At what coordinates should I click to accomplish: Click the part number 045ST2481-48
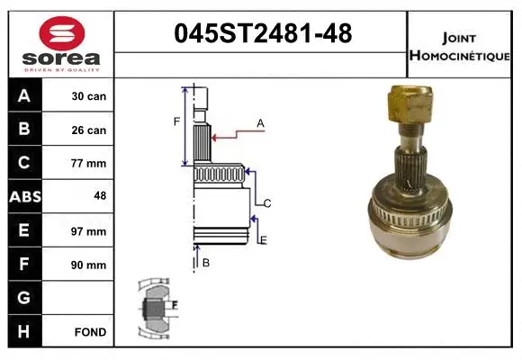[x=261, y=34]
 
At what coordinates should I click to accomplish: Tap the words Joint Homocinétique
[x=460, y=45]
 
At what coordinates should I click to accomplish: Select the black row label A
[x=23, y=95]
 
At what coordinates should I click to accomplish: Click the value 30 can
[x=89, y=95]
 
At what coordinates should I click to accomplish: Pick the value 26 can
[x=89, y=130]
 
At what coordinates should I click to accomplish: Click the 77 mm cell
[x=89, y=164]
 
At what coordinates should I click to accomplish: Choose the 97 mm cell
[x=89, y=231]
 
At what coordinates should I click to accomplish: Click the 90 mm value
[x=89, y=265]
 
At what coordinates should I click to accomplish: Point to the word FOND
[x=89, y=332]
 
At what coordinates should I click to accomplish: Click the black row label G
[x=23, y=298]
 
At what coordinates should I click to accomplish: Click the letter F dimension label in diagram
[x=177, y=121]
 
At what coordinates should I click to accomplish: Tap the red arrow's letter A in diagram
[x=260, y=122]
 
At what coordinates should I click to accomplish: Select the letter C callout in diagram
[x=267, y=203]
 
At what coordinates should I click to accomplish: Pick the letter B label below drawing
[x=206, y=262]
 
